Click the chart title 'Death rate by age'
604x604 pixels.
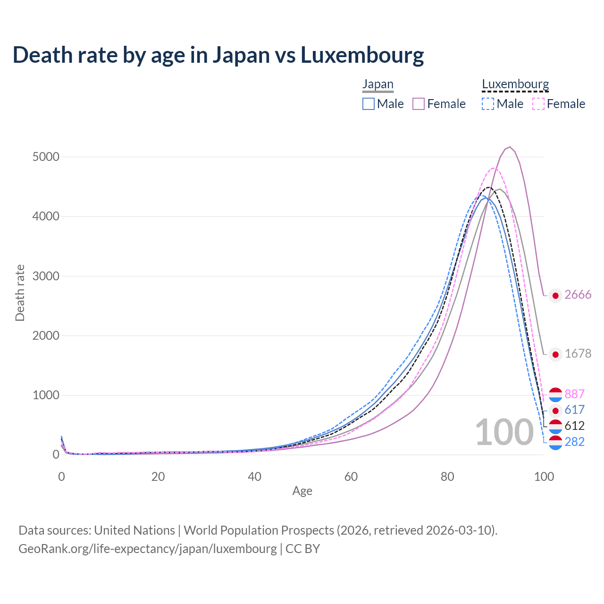pos(218,55)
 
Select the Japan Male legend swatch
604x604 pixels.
pos(369,104)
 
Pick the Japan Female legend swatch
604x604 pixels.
pos(419,104)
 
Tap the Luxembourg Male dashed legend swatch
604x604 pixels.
pos(488,104)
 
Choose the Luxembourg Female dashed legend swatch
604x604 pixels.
pos(538,104)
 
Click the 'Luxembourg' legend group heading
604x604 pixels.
pos(515,84)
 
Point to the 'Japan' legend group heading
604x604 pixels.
pos(378,84)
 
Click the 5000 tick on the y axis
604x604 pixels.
pos(46,157)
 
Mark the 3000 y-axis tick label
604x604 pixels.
pos(46,276)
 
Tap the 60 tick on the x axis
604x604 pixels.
pos(351,477)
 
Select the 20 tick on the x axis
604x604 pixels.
pos(158,477)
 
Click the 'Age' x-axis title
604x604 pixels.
pos(302,491)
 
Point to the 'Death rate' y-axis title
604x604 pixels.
pos(20,293)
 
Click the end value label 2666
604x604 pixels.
pos(578,294)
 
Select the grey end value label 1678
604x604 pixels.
pos(578,353)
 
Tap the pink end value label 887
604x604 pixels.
pos(574,394)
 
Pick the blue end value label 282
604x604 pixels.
pos(574,442)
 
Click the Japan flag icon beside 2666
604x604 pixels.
pos(555,295)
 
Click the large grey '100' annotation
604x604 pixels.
pos(504,432)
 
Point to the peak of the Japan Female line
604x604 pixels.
pos(510,147)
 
